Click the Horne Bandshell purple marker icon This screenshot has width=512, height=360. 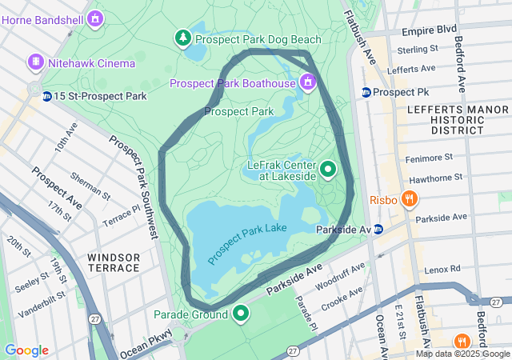pos(96,17)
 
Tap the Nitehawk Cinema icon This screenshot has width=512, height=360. pos(36,62)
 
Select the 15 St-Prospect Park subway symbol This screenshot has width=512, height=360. pos(47,96)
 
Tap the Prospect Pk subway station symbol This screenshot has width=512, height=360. pos(366,92)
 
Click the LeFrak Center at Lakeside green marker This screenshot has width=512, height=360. pos(328,170)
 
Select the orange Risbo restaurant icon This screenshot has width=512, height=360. pos(410,198)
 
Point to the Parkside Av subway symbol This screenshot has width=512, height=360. pos(379,230)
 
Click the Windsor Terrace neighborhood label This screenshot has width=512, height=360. pos(114,262)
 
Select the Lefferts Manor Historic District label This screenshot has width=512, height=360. pos(445,118)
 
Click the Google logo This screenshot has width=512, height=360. pos(26,350)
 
